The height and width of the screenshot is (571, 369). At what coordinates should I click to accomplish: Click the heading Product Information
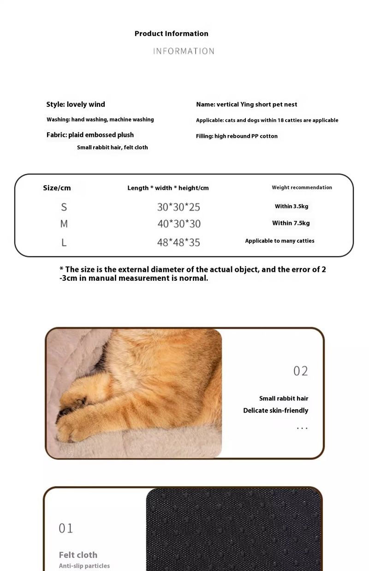tap(171, 34)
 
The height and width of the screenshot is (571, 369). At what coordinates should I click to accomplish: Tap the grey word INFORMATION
tap(184, 51)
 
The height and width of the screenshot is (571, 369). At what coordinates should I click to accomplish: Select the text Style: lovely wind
tap(76, 105)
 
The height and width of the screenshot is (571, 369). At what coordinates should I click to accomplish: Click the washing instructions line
tap(100, 120)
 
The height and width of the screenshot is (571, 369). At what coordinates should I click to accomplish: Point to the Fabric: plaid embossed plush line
tap(90, 135)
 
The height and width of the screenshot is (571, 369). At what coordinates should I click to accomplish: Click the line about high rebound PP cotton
tap(237, 136)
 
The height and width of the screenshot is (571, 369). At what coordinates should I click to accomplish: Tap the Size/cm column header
tap(57, 188)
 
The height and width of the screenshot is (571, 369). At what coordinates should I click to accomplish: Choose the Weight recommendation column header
tap(302, 188)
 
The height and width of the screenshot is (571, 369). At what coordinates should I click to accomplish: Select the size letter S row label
tap(64, 207)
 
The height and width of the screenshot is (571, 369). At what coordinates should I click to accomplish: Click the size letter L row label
tap(64, 242)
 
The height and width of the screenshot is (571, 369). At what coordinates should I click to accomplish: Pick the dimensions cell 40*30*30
tap(179, 224)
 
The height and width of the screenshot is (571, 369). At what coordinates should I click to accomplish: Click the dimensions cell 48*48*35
tap(179, 242)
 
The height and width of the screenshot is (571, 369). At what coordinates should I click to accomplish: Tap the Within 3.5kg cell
tap(292, 206)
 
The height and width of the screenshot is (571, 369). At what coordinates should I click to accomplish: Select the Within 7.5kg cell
tap(291, 223)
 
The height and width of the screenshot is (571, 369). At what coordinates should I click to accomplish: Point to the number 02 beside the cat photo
tap(300, 371)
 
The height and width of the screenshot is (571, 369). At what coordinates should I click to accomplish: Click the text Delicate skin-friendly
tap(275, 411)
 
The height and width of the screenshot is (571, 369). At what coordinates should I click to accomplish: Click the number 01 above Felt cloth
tap(65, 528)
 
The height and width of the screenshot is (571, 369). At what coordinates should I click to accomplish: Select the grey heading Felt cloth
tap(78, 555)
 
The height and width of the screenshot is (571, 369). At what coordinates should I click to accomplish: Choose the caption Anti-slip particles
tap(84, 566)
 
